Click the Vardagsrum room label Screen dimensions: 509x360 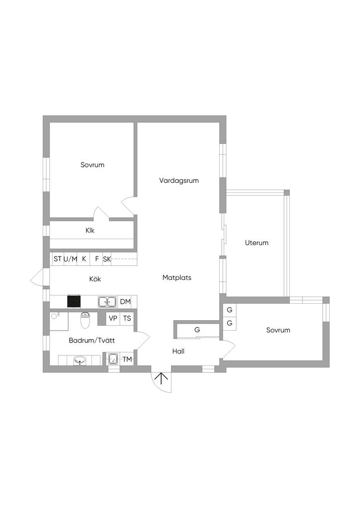coord(179,180)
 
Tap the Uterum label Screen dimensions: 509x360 coord(257,243)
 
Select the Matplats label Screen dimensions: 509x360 coord(177,278)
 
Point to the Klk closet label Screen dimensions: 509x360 coord(90,231)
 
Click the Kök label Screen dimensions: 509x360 coord(95,279)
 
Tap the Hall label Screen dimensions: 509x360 coord(179,351)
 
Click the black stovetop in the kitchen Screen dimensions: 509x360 coord(74,301)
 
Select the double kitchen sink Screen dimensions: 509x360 coord(107,302)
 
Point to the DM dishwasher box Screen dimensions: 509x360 coord(125,302)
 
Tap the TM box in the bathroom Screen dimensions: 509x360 coord(127,359)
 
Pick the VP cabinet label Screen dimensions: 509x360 coord(113,319)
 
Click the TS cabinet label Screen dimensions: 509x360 coord(127,319)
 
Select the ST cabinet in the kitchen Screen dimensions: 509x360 coord(58,259)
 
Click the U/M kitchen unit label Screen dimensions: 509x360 coord(71,259)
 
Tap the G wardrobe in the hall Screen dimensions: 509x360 coord(197,330)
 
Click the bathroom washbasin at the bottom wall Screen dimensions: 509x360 coord(80,360)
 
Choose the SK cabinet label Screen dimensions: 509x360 coord(107,259)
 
